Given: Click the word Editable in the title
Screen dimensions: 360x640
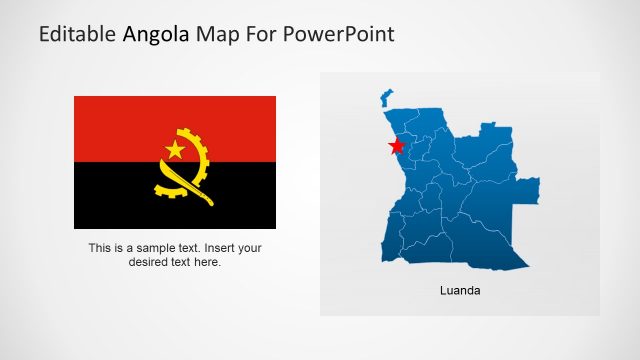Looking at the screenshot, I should click(x=77, y=34).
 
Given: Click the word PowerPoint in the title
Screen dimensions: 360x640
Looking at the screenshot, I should click(x=340, y=34).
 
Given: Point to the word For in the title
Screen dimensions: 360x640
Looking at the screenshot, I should click(x=266, y=34).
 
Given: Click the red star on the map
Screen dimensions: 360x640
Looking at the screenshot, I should click(x=397, y=146).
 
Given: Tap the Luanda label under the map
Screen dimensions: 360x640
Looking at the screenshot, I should click(x=460, y=291).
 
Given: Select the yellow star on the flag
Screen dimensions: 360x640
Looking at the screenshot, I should click(x=175, y=150).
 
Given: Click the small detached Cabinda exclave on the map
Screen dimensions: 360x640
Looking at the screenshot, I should click(x=386, y=97).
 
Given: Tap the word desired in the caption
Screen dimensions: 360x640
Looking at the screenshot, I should click(x=150, y=262).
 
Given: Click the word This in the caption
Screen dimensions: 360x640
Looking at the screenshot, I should click(x=99, y=248).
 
